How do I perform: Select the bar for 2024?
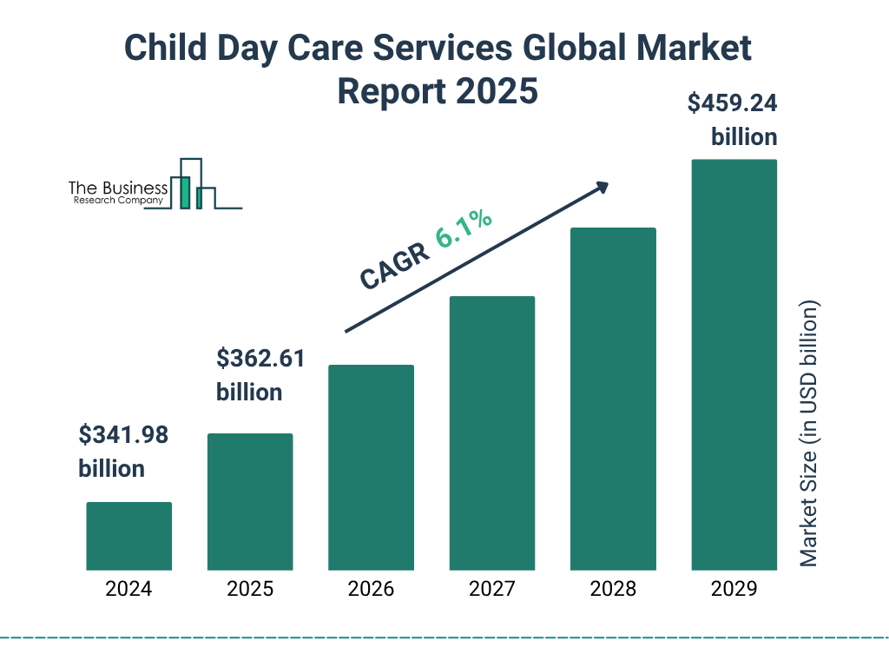(128, 536)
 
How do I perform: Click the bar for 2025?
(250, 502)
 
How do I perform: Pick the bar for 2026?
(371, 467)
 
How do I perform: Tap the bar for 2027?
(491, 433)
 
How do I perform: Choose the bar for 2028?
(613, 399)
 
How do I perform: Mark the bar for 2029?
(734, 365)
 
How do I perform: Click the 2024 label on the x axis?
(128, 589)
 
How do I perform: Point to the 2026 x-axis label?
(371, 589)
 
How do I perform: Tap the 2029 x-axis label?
(734, 589)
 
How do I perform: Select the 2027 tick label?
(491, 589)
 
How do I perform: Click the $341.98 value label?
(122, 435)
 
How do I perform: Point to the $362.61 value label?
(260, 359)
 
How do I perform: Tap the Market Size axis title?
(809, 434)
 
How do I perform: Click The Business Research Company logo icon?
(193, 185)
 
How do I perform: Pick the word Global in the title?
(573, 50)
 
